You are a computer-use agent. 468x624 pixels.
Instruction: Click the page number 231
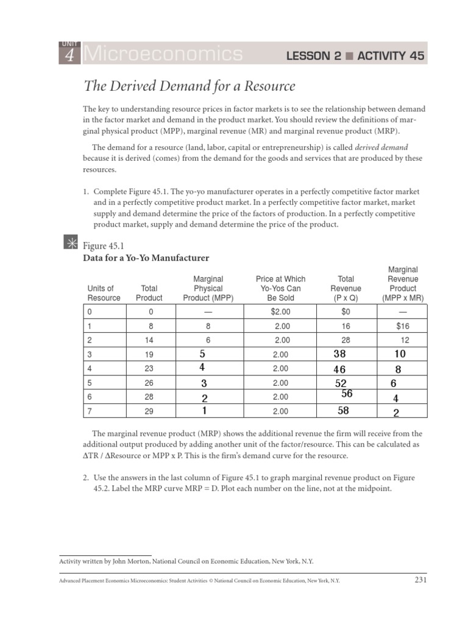point(420,580)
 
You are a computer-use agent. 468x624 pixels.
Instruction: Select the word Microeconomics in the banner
point(163,55)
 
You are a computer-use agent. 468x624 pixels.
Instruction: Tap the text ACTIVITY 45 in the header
point(391,57)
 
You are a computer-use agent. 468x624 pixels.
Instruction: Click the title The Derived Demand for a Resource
point(189,86)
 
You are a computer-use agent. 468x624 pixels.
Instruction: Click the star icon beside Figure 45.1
point(70,243)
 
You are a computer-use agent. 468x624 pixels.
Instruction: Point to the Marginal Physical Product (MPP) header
point(208,288)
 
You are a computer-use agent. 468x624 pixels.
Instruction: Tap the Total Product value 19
point(149,355)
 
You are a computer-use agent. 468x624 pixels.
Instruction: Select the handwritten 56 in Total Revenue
point(347,394)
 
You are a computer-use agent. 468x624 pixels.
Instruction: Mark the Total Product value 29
point(149,412)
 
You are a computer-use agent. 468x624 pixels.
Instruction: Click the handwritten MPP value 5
point(204,353)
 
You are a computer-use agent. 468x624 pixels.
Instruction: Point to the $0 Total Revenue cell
point(346,311)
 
